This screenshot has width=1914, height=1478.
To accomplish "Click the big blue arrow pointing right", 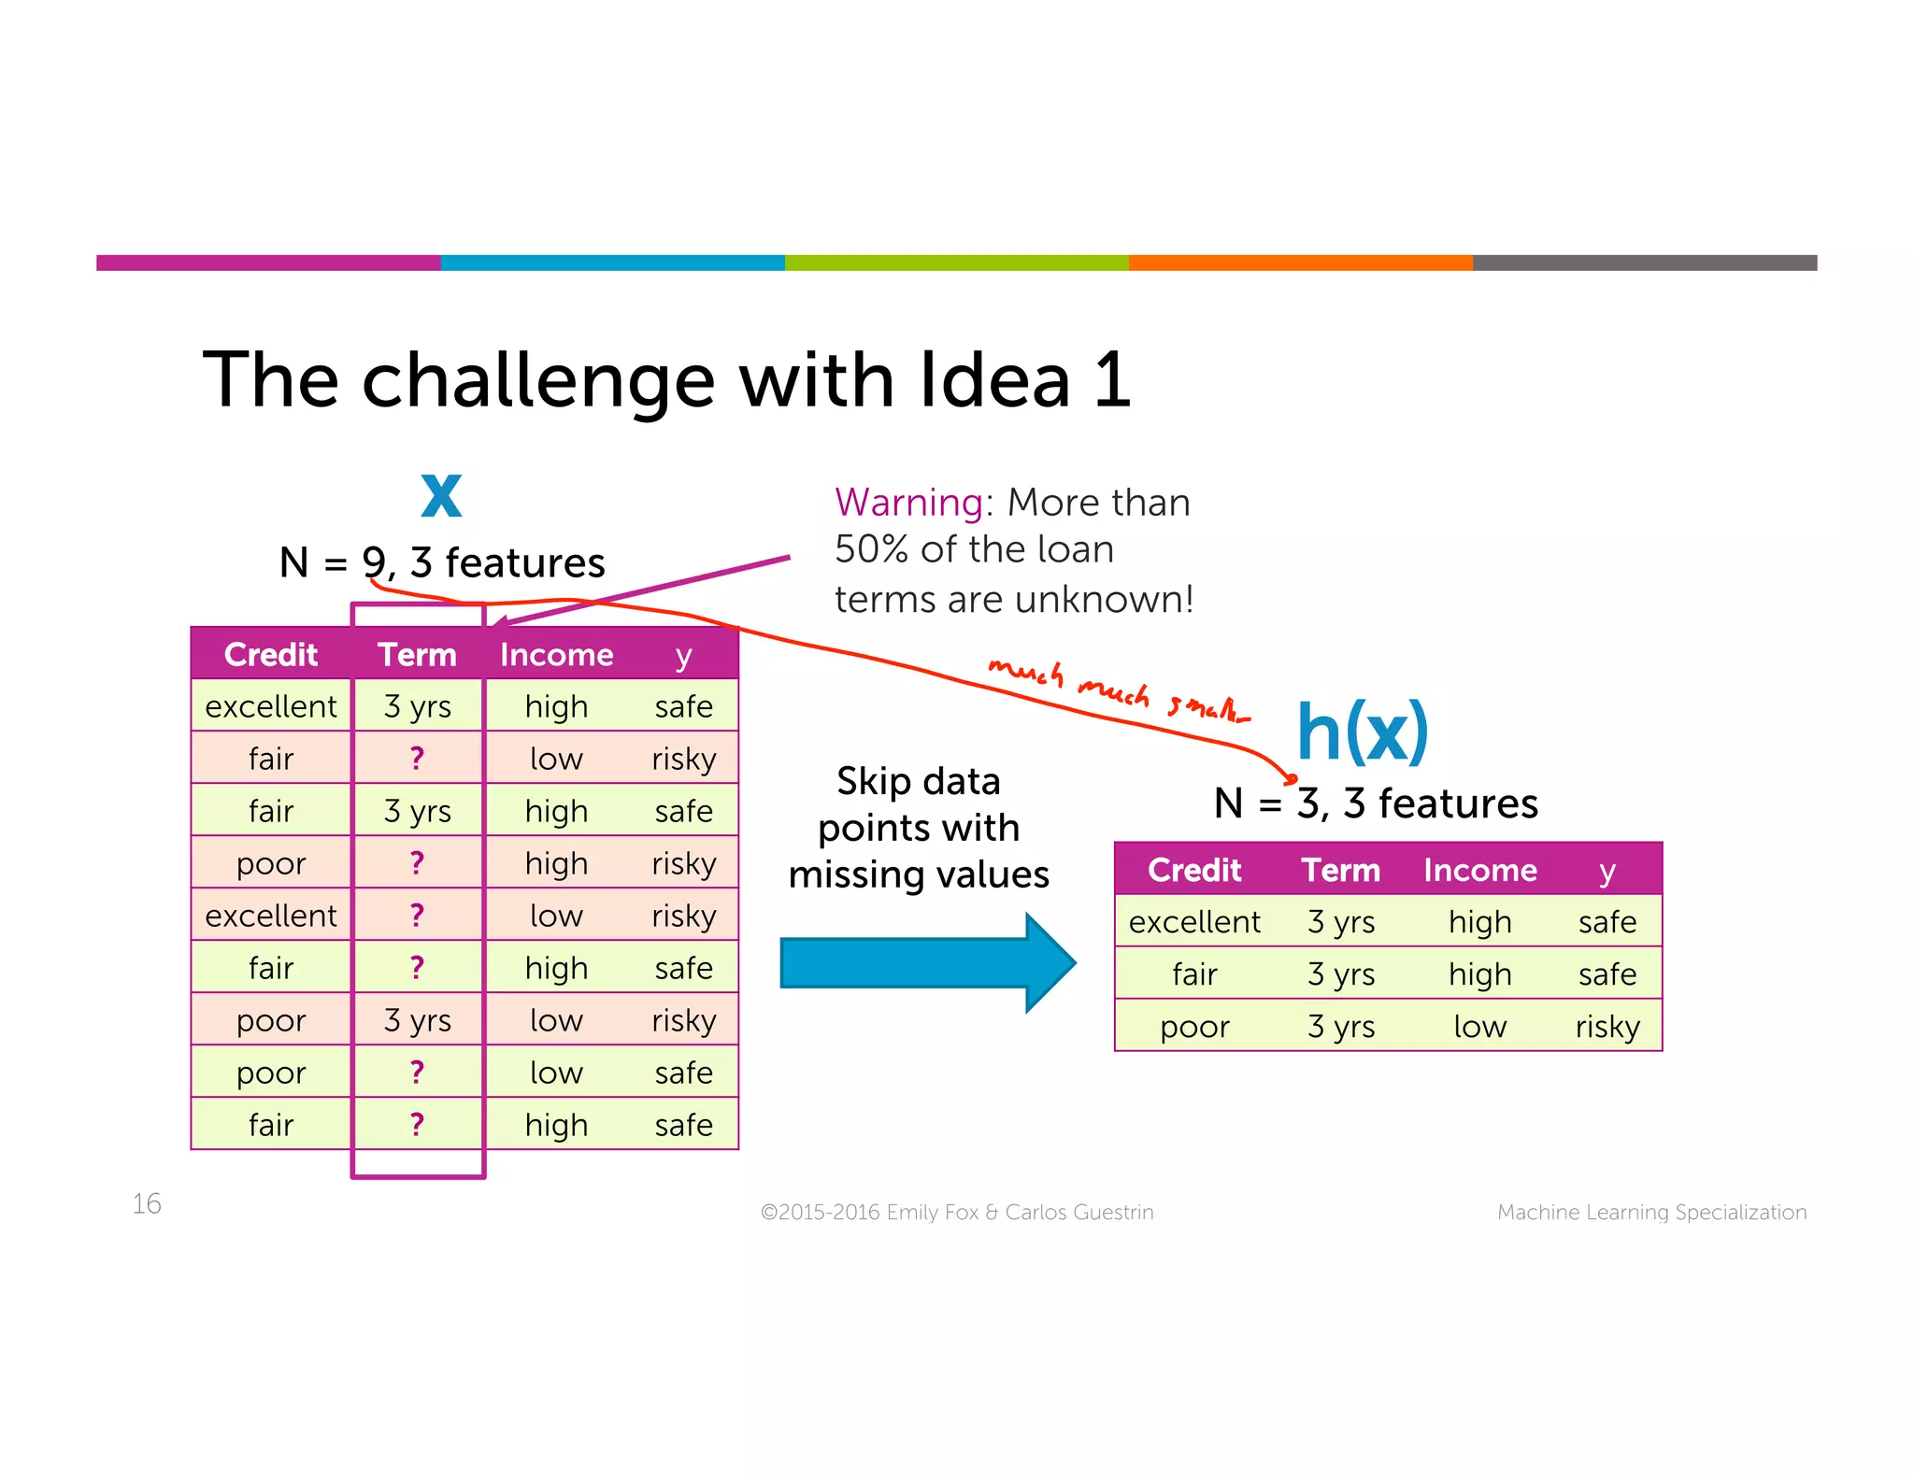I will tap(925, 962).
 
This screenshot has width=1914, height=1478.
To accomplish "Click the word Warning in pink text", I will tap(907, 503).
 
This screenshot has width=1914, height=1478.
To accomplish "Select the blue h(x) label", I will tap(1362, 732).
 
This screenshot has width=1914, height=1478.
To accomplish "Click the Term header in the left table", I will tap(417, 654).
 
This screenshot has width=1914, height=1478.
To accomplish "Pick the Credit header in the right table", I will tap(1193, 870).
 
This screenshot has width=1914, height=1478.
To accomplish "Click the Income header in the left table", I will tap(556, 654).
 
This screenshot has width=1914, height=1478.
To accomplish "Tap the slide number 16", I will tap(147, 1203).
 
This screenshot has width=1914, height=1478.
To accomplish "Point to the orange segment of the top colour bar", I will tap(1300, 263).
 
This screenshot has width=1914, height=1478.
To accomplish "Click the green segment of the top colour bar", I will tap(956, 263).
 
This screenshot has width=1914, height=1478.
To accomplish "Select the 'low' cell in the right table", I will tap(1479, 1027).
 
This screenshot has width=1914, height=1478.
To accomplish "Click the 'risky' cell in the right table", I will tap(1607, 1027).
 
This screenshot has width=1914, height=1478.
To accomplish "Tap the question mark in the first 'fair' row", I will tap(417, 758).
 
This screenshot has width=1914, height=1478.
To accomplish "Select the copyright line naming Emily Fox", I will tap(956, 1212).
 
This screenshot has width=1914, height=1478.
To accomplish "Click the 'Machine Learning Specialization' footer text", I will tap(1651, 1212).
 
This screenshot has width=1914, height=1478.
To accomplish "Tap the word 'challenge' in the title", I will tap(538, 381).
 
